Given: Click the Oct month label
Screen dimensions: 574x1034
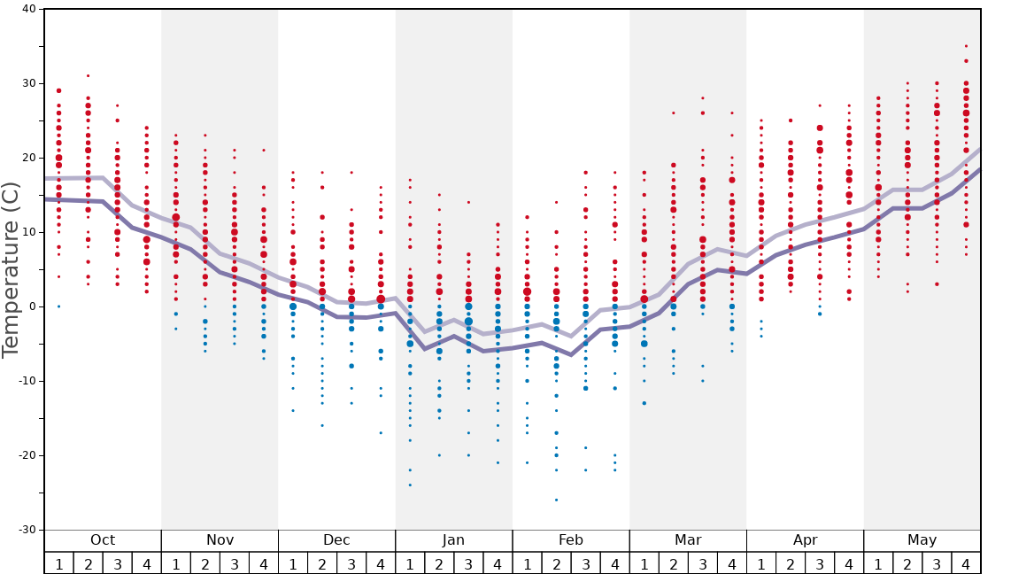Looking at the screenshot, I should click(x=103, y=540).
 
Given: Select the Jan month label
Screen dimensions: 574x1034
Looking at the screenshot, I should click(x=453, y=540).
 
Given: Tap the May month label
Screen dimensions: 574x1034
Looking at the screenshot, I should click(x=922, y=540).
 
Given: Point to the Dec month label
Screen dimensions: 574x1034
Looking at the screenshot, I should click(x=336, y=540).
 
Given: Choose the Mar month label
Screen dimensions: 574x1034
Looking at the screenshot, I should click(x=688, y=540).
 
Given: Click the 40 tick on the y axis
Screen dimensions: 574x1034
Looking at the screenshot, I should click(x=27, y=9).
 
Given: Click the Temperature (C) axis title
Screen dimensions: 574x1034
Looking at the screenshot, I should click(x=11, y=269).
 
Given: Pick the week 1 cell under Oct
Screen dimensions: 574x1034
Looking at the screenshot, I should click(x=58, y=563).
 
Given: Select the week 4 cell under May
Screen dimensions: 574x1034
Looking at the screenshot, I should click(x=966, y=563).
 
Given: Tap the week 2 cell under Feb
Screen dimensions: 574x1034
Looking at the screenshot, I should click(x=556, y=563).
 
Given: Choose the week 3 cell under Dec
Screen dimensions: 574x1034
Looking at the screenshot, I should click(x=351, y=563).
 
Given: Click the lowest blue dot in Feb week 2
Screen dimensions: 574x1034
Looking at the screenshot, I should click(x=556, y=500).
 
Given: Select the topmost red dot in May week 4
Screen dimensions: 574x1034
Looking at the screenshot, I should click(x=966, y=46).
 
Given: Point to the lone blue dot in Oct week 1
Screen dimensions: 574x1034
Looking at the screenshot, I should click(x=58, y=306).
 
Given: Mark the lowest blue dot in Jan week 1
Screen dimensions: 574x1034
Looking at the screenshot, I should click(x=410, y=485).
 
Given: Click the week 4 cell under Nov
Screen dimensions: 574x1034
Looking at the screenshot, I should click(x=264, y=563).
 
